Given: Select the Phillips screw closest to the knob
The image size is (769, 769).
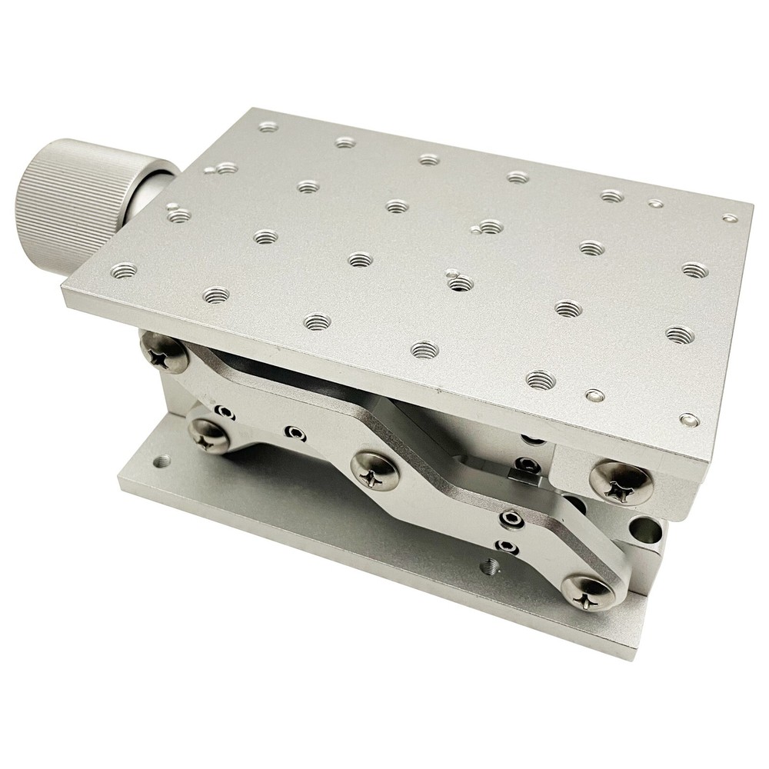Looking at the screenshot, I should tap(162, 353).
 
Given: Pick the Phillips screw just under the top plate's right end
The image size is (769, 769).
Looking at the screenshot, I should tap(621, 481).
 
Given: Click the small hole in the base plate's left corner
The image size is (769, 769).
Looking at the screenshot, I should tap(162, 461).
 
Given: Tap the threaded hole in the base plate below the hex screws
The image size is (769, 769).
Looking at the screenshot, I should tap(487, 568).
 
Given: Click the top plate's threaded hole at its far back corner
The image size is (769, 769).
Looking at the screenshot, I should tap(268, 127).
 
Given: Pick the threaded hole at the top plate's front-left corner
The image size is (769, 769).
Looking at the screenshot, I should tap(124, 270).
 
